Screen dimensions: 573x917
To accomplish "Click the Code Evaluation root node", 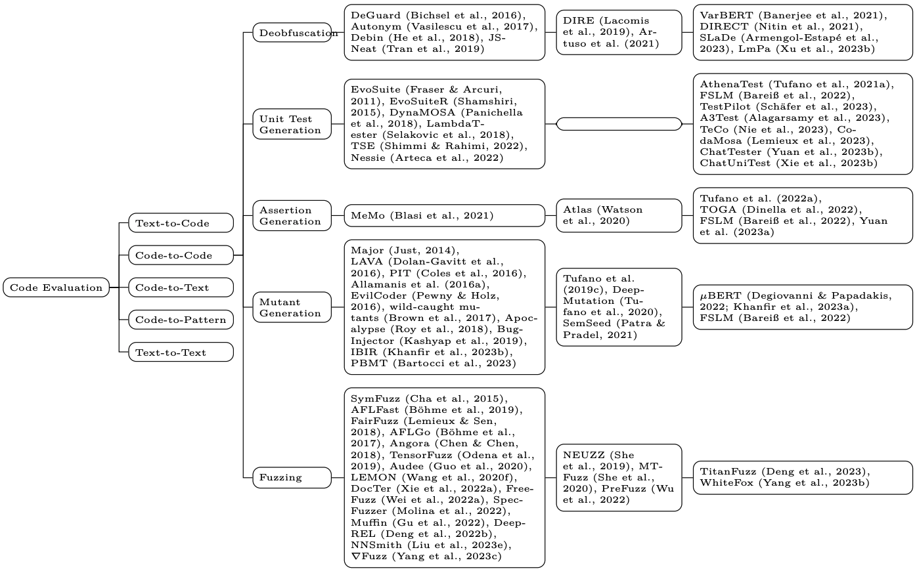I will (x=56, y=287).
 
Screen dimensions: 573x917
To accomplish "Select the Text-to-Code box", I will (x=181, y=223).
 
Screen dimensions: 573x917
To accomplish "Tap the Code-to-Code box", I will (x=181, y=255).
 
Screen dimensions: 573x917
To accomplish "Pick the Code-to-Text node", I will (x=181, y=287).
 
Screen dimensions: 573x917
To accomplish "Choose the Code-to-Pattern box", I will (x=181, y=320).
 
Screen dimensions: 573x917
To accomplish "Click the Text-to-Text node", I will (x=181, y=352).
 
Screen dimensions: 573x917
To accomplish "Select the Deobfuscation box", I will (x=292, y=33).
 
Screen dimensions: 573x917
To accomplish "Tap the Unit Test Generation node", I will (x=292, y=124).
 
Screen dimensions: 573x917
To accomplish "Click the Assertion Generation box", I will (x=292, y=215).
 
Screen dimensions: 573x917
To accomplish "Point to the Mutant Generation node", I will (x=292, y=307).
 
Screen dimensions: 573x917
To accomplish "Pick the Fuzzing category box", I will (x=292, y=477).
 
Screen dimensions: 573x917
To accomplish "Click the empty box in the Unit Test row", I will (x=619, y=124).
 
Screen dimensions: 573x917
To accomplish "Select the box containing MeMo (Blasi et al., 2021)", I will (x=445, y=215).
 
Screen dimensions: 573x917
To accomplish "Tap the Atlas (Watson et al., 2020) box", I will (x=619, y=215).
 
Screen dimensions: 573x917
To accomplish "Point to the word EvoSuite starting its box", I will (x=375, y=89).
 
